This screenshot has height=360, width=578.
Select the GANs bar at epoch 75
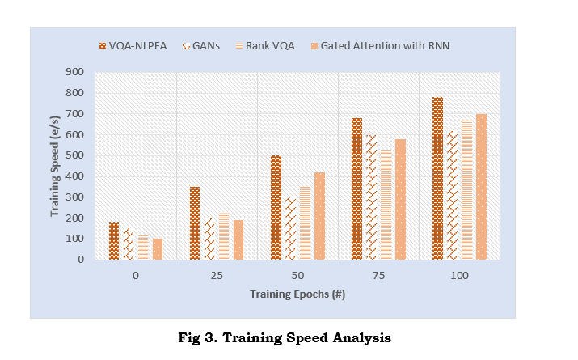point(371,197)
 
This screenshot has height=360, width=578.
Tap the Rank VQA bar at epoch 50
point(305,223)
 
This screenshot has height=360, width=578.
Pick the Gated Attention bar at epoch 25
point(238,239)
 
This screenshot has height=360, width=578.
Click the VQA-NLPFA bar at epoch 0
point(114,241)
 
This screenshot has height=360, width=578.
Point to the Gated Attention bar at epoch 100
point(481,187)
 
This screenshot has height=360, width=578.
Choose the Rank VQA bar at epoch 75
point(386,205)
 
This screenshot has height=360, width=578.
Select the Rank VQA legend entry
point(265,46)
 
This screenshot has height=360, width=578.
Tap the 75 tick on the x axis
point(378,277)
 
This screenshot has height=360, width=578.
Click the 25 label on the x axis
point(217,277)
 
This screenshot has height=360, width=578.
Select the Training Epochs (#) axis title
point(297,294)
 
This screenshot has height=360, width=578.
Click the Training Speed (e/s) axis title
point(55,166)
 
